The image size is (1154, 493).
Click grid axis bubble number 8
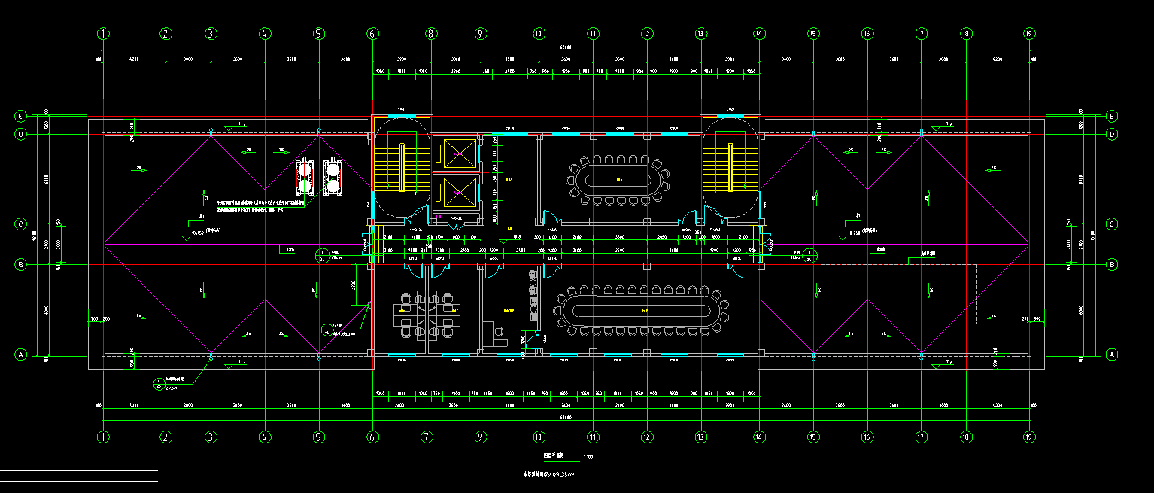tap(430, 33)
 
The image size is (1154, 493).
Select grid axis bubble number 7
tap(426, 437)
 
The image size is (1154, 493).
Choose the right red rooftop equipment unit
tap(332, 178)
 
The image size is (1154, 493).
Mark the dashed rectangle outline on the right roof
tap(898, 294)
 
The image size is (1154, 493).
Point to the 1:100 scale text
tap(588, 457)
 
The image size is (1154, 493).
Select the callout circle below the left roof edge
tap(159, 384)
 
